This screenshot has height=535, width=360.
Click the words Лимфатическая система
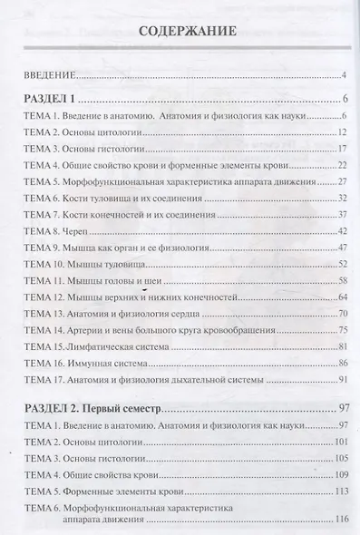(x=118, y=347)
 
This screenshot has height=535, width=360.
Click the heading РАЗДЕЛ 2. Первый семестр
(x=95, y=410)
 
